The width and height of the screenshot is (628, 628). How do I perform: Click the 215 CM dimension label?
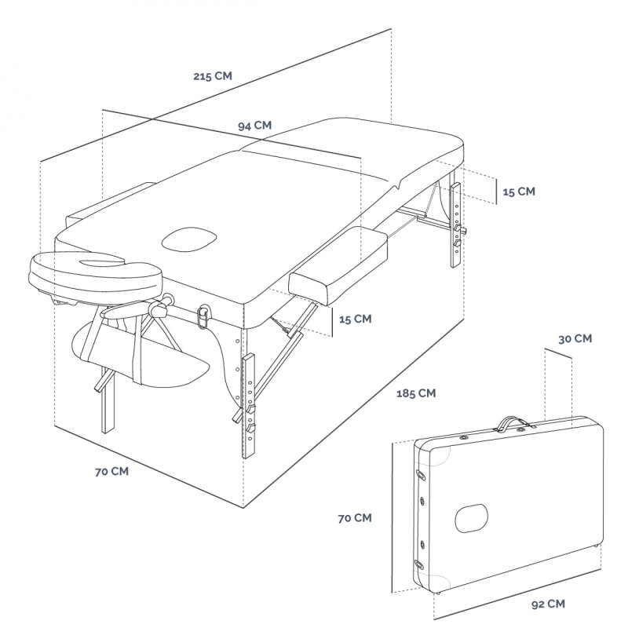[213, 75]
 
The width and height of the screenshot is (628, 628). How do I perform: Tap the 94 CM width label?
[254, 126]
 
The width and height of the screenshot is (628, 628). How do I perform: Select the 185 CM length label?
[416, 393]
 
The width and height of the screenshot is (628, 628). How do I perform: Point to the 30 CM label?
[575, 339]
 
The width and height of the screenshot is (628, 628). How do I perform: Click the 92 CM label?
[548, 604]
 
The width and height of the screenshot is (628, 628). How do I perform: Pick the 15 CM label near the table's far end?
[519, 192]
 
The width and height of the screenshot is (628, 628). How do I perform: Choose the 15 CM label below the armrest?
[356, 319]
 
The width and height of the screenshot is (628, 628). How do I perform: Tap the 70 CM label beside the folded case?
[355, 518]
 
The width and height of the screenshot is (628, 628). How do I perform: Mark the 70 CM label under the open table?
[111, 472]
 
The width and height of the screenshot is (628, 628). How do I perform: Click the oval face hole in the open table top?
[189, 239]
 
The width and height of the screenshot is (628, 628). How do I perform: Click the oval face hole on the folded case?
[472, 518]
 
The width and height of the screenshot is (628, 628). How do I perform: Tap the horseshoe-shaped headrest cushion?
[96, 276]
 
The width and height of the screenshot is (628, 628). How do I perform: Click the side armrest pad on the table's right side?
[338, 266]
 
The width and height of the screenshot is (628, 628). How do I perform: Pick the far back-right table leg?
[456, 225]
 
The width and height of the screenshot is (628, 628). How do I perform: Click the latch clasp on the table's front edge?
[203, 316]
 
